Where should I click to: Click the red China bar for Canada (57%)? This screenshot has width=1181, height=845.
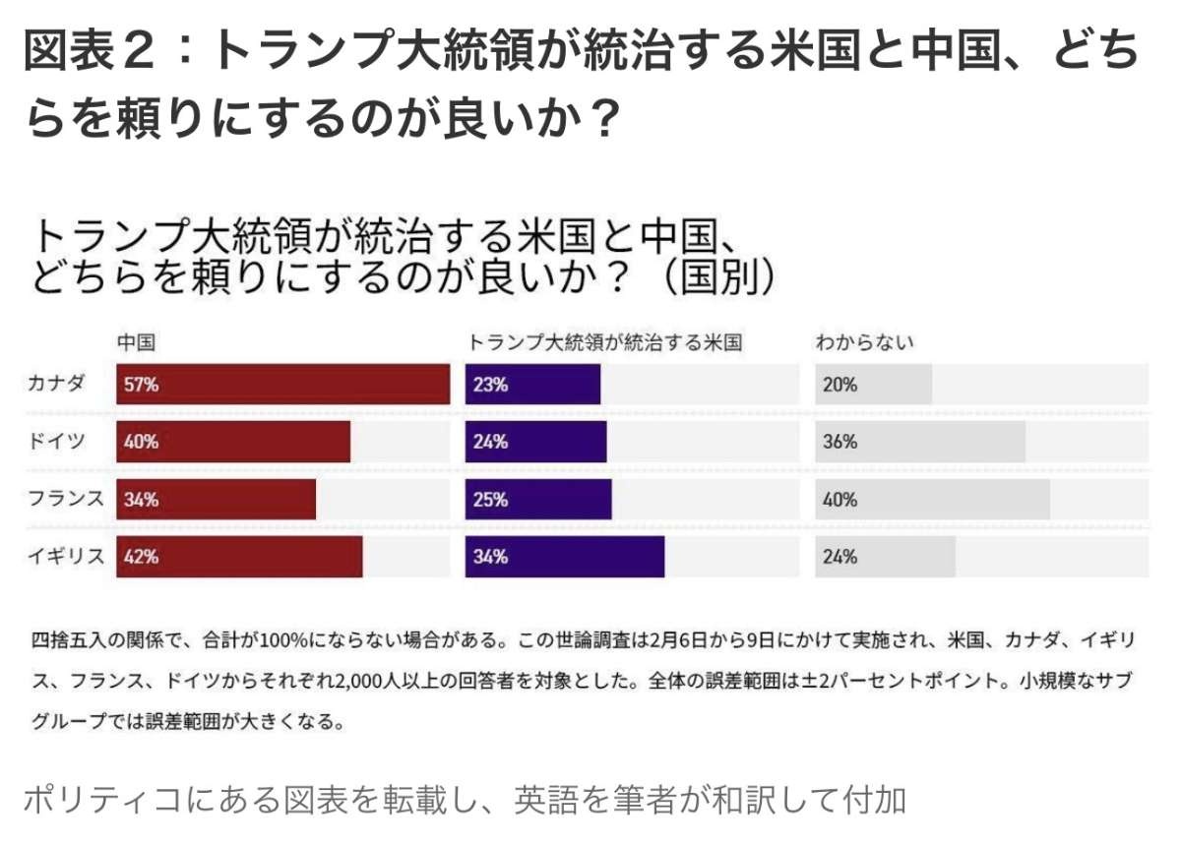282,385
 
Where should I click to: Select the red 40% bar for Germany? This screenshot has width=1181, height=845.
233,442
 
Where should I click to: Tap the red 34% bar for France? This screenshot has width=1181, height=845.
217,500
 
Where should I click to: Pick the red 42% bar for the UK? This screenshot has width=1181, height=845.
239,557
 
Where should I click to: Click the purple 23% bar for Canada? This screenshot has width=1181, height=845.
532,385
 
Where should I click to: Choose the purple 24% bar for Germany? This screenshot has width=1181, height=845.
535,442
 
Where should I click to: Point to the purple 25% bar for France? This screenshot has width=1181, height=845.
538,500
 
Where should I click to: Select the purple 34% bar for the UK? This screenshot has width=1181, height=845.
564,557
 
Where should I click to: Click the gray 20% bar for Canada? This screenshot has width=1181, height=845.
873,385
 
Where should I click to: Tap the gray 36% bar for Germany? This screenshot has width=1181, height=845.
920,442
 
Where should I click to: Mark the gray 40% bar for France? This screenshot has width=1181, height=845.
932,500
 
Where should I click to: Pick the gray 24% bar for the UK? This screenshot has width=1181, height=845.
885,557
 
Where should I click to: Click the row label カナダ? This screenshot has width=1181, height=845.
56,384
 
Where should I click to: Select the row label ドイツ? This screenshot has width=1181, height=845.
56,442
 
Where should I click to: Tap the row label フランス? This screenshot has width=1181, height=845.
65,499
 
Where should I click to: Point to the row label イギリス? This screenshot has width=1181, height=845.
65,557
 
